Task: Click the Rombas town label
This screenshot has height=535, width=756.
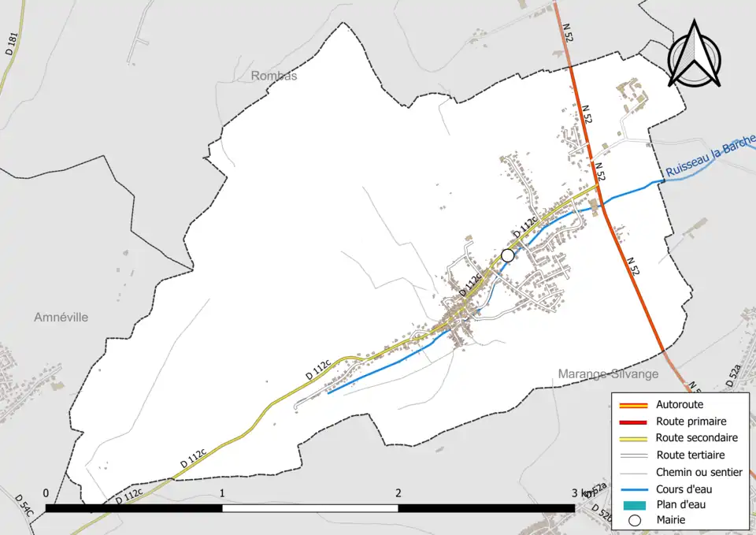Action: [x=274, y=76]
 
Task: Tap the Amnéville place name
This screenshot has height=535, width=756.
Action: [x=61, y=317]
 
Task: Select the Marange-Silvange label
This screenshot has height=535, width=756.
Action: [x=608, y=373]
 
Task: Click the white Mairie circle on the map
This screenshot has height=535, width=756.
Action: [x=508, y=255]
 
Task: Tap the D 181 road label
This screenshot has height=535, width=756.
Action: [x=10, y=43]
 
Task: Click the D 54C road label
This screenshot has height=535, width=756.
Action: [x=24, y=505]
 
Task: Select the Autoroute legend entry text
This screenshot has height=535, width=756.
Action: [x=679, y=405]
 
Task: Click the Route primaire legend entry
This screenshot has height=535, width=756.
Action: [x=691, y=422]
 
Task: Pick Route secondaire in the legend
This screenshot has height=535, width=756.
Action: [x=696, y=438]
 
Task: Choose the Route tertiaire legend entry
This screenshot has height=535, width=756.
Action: [x=690, y=455]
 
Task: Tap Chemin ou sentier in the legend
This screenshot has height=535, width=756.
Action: [x=699, y=472]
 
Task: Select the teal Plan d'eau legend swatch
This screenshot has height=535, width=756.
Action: [x=634, y=505]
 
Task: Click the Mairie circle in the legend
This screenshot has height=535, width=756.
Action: [x=634, y=520]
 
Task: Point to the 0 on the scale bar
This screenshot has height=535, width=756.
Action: [x=46, y=493]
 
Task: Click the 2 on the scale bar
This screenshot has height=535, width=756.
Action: [x=398, y=493]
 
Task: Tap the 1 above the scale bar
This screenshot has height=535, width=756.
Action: [x=223, y=493]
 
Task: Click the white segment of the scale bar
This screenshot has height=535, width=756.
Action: [x=310, y=508]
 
